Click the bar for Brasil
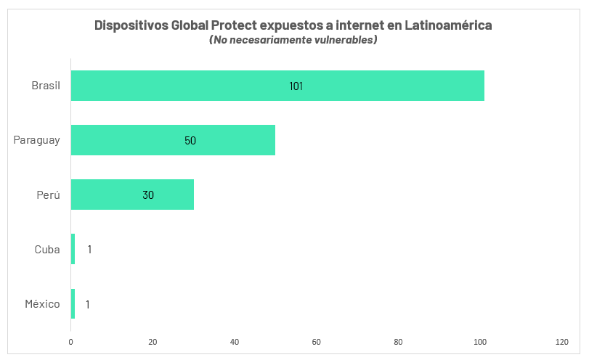[x=277, y=86]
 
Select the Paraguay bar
[x=173, y=140]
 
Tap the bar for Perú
[x=132, y=195]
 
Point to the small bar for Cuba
[x=73, y=249]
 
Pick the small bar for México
[x=73, y=303]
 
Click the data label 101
[x=296, y=86]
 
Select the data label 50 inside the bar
[x=190, y=140]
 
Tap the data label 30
[x=148, y=195]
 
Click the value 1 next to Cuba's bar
[x=89, y=249]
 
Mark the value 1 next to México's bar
[x=88, y=304]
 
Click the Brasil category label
[x=45, y=86]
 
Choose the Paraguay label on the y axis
[x=36, y=140]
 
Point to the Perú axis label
[x=48, y=195]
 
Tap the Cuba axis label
[x=47, y=249]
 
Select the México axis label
[x=42, y=303]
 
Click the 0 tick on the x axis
[x=71, y=341]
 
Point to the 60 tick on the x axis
[x=316, y=341]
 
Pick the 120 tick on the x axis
[x=561, y=341]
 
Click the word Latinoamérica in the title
[x=447, y=25]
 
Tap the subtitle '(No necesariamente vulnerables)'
[x=293, y=40]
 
